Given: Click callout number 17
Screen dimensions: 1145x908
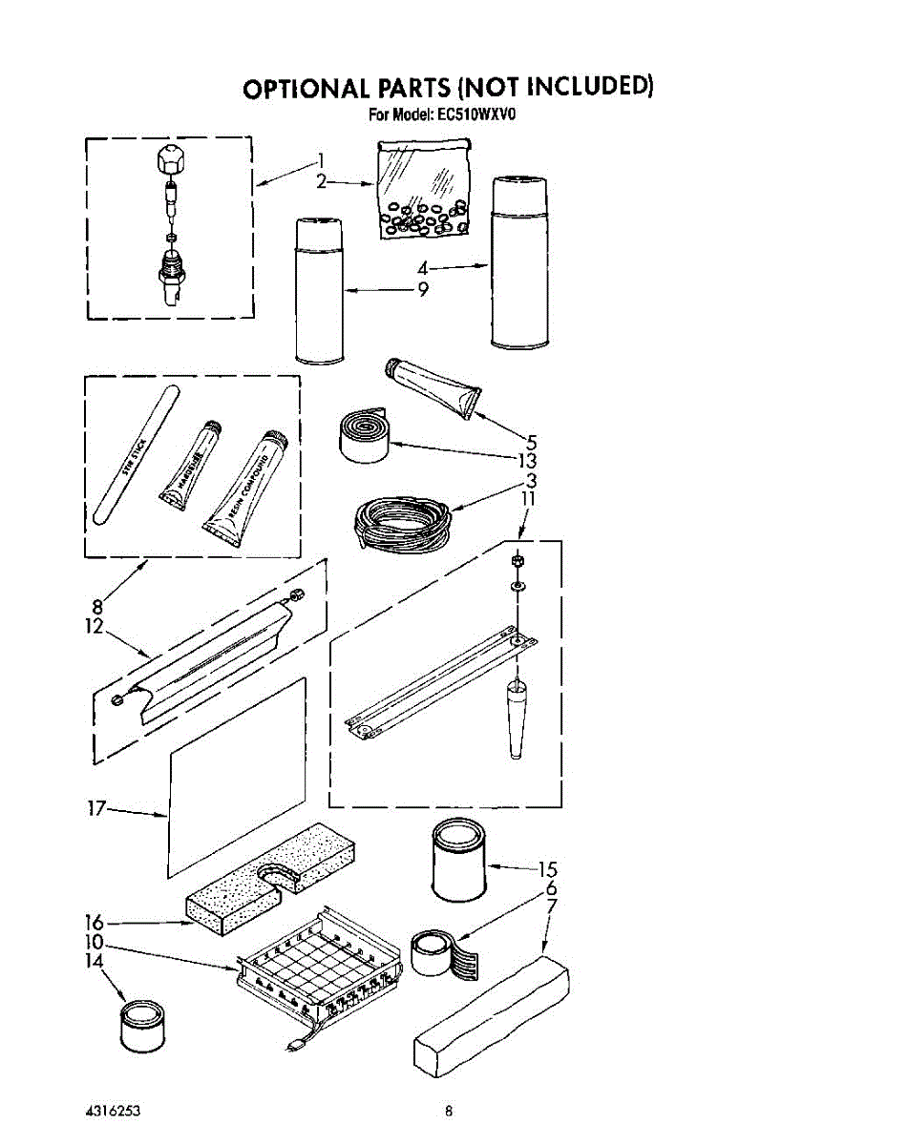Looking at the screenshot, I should click(94, 808).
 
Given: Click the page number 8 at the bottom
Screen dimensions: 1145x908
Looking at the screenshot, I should click(448, 1110).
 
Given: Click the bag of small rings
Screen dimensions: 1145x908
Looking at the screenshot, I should click(421, 191).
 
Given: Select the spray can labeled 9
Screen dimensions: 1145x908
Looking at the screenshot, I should click(318, 291).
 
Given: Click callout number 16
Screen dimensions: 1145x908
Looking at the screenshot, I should click(94, 923).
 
